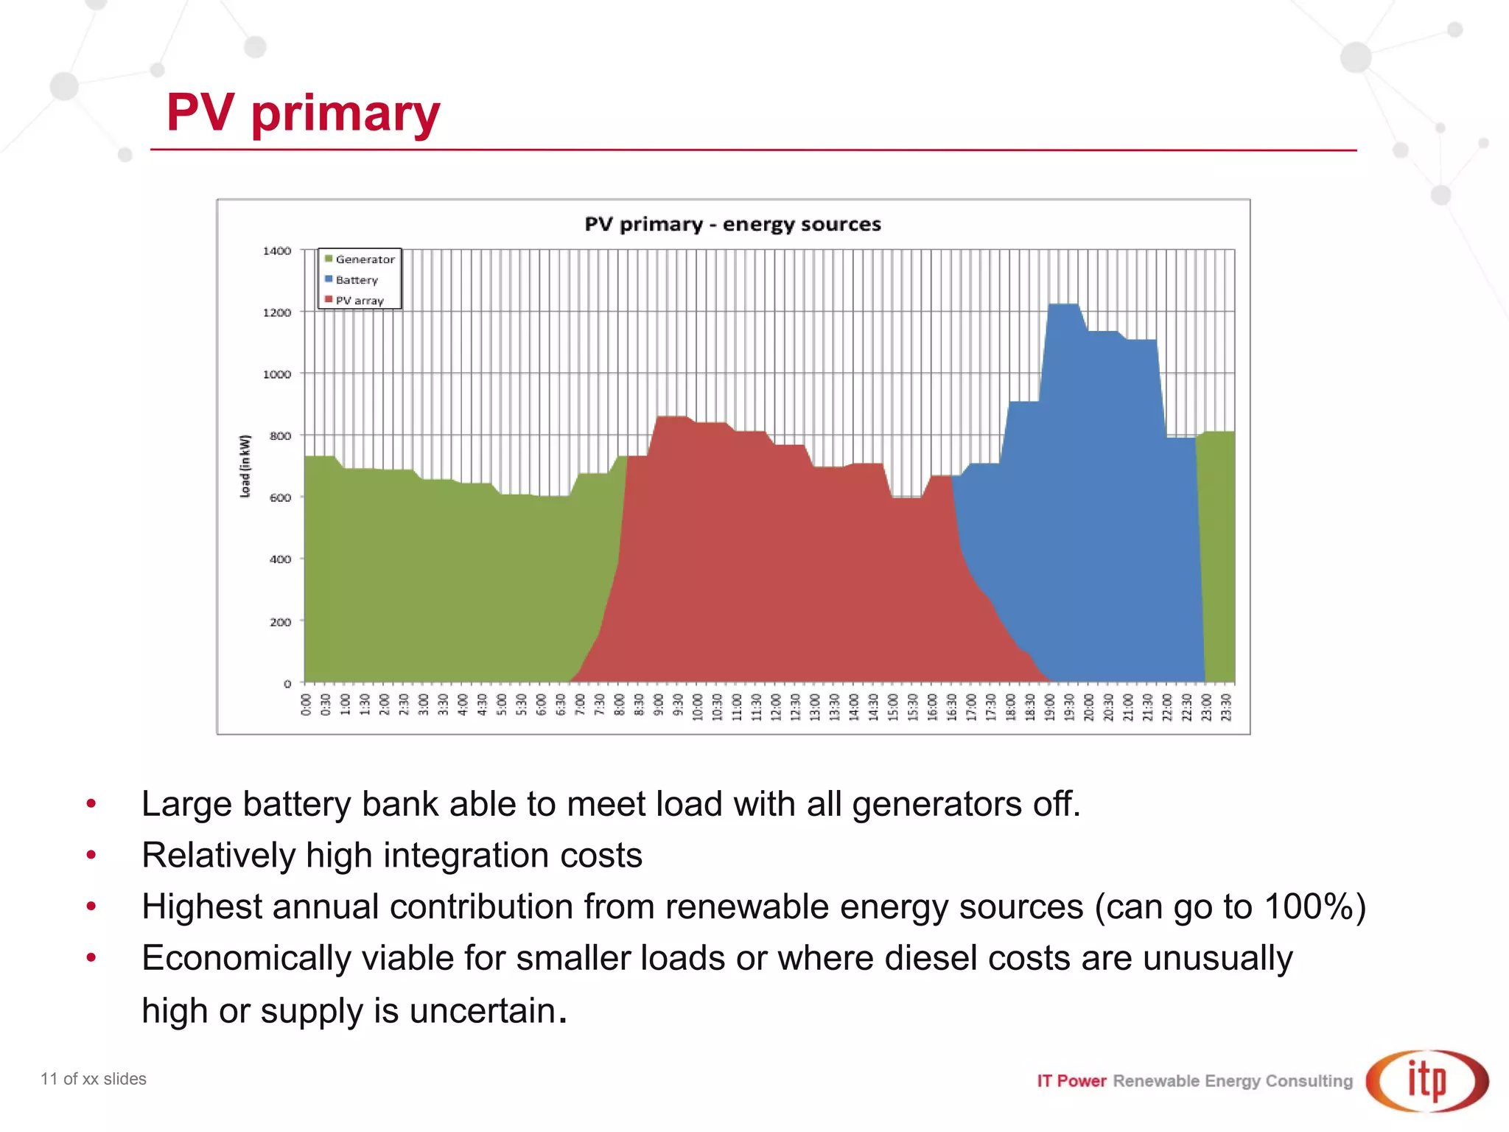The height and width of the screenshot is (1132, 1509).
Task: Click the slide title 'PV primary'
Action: pos(303,113)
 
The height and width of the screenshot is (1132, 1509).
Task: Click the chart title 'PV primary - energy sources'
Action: pos(732,224)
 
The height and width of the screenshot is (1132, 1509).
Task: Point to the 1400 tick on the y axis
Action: pos(277,251)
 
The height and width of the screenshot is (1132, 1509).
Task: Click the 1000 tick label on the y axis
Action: pos(277,374)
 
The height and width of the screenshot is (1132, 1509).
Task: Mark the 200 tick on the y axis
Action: pos(280,622)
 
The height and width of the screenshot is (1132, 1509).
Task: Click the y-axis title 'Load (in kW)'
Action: pos(245,466)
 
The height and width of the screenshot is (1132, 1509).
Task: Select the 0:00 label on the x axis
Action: pos(307,705)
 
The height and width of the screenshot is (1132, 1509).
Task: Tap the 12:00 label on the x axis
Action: pos(776,707)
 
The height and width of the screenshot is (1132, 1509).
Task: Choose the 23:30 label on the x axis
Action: pos(1226,707)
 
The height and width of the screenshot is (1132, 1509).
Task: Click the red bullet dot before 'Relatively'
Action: pos(91,855)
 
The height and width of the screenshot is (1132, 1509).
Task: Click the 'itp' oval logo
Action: pos(1427,1081)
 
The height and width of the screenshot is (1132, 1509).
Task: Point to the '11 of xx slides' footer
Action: pos(94,1079)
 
